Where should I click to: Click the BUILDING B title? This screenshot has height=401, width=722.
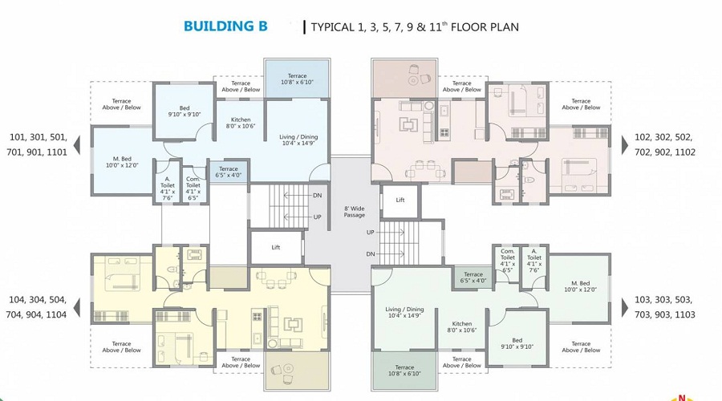click(x=225, y=26)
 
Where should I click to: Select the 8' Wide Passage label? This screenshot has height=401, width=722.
click(x=354, y=211)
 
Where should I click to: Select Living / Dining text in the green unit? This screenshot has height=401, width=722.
click(x=404, y=311)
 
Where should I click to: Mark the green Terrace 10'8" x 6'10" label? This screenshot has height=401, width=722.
click(x=396, y=370)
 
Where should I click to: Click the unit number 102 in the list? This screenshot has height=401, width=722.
click(x=643, y=137)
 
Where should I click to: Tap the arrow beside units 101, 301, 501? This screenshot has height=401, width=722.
click(x=77, y=145)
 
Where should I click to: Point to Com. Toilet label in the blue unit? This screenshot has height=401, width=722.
click(x=193, y=188)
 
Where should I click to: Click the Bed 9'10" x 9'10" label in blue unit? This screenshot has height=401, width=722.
click(x=184, y=111)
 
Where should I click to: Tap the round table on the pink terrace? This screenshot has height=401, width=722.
click(x=414, y=79)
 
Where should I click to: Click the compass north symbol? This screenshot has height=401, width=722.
click(x=683, y=395)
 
